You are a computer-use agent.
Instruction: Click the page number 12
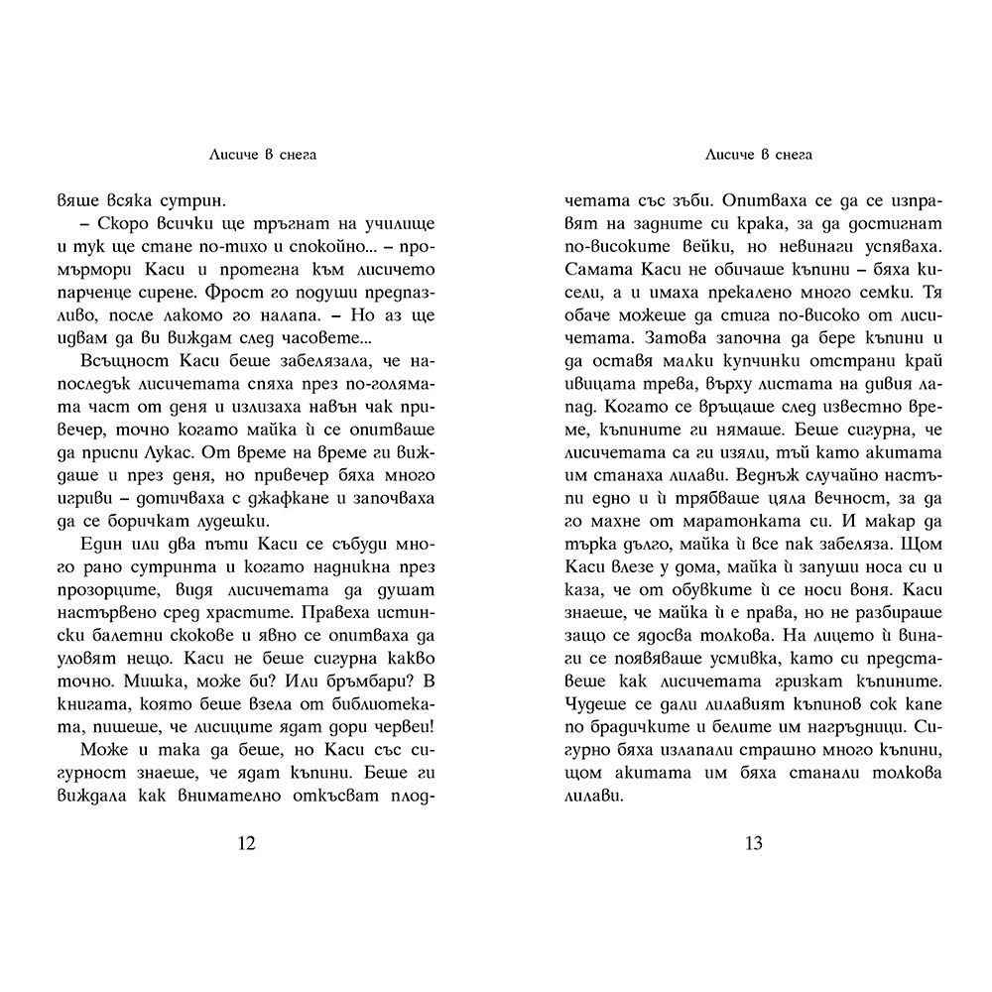[x=248, y=844]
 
